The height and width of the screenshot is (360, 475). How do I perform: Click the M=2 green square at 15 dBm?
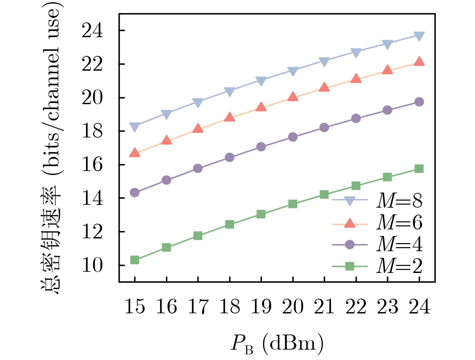click(x=135, y=260)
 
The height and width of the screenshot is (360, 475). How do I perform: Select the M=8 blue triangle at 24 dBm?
click(x=419, y=36)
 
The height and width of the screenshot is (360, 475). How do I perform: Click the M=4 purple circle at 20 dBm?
click(x=293, y=137)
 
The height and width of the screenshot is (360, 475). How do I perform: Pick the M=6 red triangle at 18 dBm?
click(x=230, y=117)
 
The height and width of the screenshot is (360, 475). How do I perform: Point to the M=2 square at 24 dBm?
click(x=419, y=169)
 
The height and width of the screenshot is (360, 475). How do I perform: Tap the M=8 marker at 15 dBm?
click(x=135, y=127)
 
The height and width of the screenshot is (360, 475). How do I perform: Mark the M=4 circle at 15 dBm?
click(x=135, y=193)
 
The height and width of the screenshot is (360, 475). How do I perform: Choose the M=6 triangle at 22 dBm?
click(x=356, y=79)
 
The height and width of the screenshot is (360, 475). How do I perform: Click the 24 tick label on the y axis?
click(x=92, y=31)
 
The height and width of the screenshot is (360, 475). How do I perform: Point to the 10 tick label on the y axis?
click(x=92, y=266)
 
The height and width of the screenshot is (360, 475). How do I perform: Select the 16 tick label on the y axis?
click(x=92, y=165)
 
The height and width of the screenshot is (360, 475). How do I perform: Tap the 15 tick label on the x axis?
click(x=135, y=306)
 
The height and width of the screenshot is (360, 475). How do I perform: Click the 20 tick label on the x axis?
click(x=293, y=306)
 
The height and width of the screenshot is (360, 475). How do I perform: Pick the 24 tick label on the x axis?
click(x=419, y=306)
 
